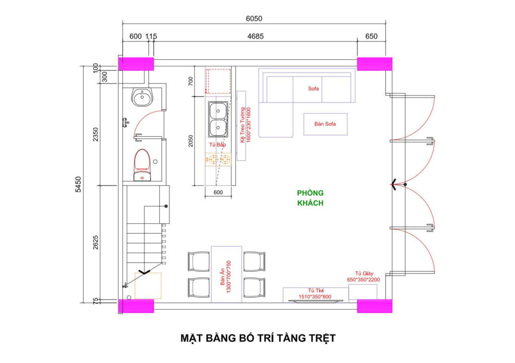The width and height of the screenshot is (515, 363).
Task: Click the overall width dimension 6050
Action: tap(254, 19)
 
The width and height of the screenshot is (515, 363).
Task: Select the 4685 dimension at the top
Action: tap(255, 36)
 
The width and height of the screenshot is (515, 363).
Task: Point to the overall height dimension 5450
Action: tap(78, 184)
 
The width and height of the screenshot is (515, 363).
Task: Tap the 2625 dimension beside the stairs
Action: tap(95, 242)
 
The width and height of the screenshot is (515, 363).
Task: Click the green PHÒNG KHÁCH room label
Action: tap(310, 198)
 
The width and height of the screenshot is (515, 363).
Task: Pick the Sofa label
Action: tap(313, 88)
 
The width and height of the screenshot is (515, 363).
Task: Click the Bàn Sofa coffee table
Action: tap(325, 124)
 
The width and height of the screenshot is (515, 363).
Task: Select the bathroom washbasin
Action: tap(142, 97)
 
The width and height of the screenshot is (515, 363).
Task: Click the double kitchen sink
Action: tap(218, 119)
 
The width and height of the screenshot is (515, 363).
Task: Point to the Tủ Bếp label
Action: tap(217, 144)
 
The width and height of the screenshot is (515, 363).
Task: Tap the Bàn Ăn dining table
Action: tap(227, 275)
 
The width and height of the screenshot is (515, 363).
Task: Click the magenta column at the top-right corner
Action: tap(374, 64)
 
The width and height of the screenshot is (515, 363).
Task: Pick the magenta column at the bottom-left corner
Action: tap(136, 306)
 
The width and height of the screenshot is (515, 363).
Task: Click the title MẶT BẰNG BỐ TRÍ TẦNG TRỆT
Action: tap(258, 338)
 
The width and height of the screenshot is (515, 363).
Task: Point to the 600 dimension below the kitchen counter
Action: tap(218, 193)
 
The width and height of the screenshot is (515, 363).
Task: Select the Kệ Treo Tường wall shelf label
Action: tap(245, 125)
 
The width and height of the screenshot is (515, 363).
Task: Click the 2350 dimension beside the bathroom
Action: tap(95, 135)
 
